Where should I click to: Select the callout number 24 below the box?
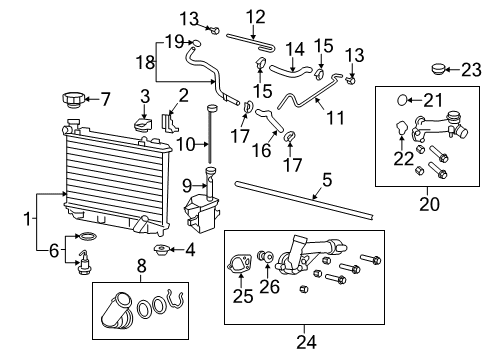point(306,342)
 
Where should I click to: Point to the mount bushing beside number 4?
point(160,249)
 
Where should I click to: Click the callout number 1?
point(27,215)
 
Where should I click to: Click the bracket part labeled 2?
point(166,122)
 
